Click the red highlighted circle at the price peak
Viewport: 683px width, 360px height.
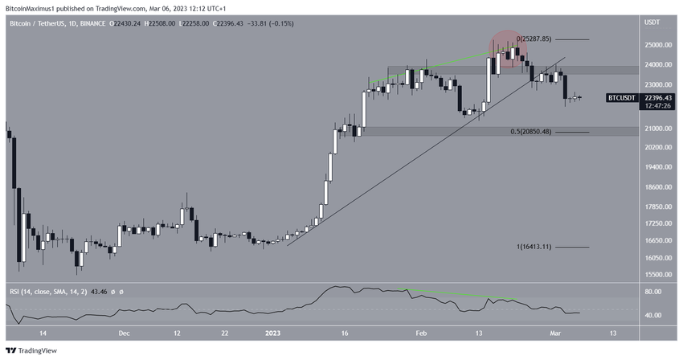pyautogui.click(x=508, y=50)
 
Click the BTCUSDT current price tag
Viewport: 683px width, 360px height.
pyautogui.click(x=620, y=97)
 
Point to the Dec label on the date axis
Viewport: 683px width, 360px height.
pyautogui.click(x=123, y=332)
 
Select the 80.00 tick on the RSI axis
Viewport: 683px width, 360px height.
pyautogui.click(x=652, y=292)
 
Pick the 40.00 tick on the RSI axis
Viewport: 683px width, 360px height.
pyautogui.click(x=652, y=315)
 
